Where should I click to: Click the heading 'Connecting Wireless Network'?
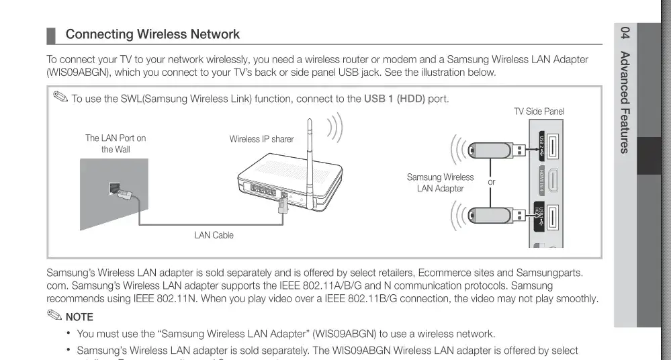(152, 34)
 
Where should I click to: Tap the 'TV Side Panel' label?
(539, 111)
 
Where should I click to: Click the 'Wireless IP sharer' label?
(261, 139)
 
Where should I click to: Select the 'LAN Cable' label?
(214, 235)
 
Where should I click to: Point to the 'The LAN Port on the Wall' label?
(116, 144)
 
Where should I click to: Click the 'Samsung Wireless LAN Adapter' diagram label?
(440, 183)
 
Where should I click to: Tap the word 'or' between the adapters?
(492, 182)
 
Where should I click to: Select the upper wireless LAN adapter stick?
(493, 149)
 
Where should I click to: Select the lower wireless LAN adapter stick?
(493, 215)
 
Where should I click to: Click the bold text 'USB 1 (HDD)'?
(395, 99)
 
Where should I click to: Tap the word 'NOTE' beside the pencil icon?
(79, 316)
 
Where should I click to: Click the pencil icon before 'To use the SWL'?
(60, 99)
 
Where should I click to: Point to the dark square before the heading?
(50, 35)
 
